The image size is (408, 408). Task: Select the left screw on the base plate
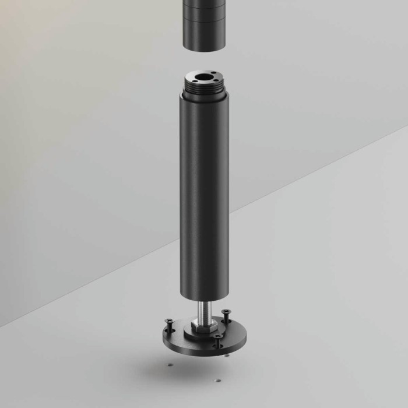click(170, 322)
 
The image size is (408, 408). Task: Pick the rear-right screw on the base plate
click(226, 313)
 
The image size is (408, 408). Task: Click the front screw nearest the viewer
click(217, 338)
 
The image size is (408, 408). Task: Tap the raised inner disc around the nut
click(192, 330)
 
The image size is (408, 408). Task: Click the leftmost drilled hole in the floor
click(169, 365)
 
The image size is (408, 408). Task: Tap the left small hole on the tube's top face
click(189, 79)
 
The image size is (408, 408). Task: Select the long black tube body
click(203, 192)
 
